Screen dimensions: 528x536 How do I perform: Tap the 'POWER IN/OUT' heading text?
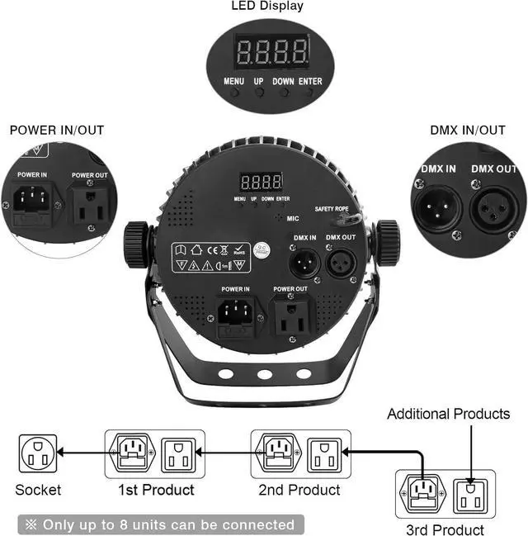click(56, 130)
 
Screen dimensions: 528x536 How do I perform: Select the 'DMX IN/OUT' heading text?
click(468, 130)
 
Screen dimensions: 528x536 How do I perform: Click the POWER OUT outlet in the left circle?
click(89, 204)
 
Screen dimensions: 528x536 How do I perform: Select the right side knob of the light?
click(387, 242)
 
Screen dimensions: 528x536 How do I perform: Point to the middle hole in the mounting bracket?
click(265, 374)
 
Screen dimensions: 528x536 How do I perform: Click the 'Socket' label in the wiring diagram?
click(38, 490)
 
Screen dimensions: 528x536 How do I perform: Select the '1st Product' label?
click(156, 490)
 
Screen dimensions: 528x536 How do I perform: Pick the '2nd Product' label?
click(299, 490)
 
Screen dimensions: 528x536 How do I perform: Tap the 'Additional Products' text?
click(449, 414)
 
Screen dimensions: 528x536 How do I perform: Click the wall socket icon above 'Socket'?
click(38, 453)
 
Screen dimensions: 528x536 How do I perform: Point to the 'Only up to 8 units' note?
click(160, 524)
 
